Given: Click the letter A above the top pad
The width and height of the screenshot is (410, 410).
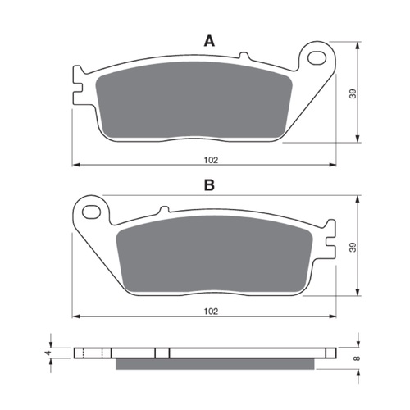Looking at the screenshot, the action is [x=209, y=42].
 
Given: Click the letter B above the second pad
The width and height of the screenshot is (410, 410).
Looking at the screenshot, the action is [x=209, y=185].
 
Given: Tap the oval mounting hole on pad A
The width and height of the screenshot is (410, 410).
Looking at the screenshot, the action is [x=317, y=58].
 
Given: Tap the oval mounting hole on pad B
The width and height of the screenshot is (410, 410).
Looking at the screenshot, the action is [x=92, y=212].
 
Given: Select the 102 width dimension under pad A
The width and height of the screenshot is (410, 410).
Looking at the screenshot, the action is [x=211, y=160].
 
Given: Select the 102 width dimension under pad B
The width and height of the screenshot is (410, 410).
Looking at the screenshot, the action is [x=211, y=312].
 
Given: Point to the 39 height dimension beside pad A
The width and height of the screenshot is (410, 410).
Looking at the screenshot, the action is [x=353, y=93].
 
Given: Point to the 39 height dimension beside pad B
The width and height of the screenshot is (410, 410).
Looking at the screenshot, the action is [x=353, y=248].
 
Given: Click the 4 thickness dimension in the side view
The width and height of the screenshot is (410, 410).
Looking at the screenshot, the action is [x=48, y=353].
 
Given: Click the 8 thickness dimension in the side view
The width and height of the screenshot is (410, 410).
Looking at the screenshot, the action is [x=357, y=358].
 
